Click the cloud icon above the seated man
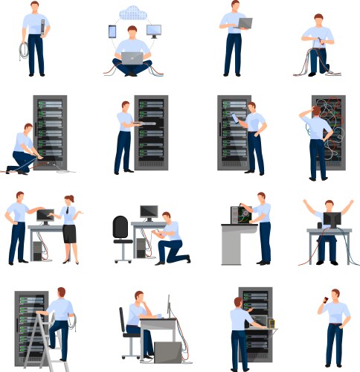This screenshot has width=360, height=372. (x=133, y=13)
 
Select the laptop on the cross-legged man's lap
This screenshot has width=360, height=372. (x=133, y=57)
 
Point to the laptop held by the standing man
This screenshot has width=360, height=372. (x=243, y=24)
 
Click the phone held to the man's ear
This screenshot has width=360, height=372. (x=324, y=303)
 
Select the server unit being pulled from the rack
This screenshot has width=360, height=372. (x=149, y=125)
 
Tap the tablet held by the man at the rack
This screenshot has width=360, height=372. (x=236, y=118)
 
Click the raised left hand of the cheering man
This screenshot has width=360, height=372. (x=306, y=203)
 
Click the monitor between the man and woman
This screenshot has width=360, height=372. (x=45, y=217)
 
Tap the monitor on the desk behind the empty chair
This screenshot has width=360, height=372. (x=149, y=213)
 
